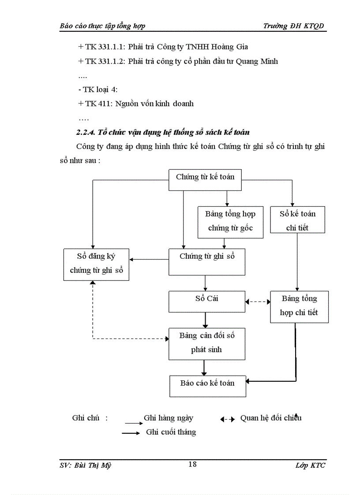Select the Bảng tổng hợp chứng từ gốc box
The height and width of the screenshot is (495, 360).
(x=230, y=221)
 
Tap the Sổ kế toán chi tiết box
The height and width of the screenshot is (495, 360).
(x=297, y=220)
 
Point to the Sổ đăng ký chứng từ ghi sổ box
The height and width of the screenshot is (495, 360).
(x=96, y=264)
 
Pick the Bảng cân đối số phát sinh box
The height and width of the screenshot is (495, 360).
(x=207, y=343)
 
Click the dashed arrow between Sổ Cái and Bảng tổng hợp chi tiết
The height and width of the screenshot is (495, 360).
(x=258, y=302)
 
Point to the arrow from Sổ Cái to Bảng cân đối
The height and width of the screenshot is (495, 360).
(x=206, y=320)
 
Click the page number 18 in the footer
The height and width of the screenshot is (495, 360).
(x=192, y=464)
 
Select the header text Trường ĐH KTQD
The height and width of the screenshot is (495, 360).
(x=293, y=26)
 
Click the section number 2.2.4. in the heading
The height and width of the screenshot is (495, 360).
(x=86, y=132)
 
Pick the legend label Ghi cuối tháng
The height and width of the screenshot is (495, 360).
(x=171, y=432)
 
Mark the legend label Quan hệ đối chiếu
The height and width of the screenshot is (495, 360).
(x=271, y=418)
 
